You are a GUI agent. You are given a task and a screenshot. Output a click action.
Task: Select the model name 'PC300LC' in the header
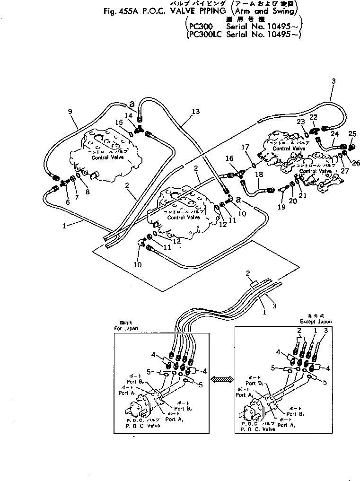205,34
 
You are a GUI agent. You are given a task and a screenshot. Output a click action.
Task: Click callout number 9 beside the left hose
70,112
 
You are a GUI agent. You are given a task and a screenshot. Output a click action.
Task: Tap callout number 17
245,147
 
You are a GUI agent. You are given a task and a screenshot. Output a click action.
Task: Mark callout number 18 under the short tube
259,175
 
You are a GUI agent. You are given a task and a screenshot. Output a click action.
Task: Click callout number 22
313,117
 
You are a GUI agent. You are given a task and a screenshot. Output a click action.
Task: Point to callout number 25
351,134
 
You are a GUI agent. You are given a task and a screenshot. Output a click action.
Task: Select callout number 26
355,163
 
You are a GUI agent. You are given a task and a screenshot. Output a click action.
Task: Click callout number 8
87,192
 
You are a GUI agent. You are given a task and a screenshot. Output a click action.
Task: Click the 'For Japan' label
126,328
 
